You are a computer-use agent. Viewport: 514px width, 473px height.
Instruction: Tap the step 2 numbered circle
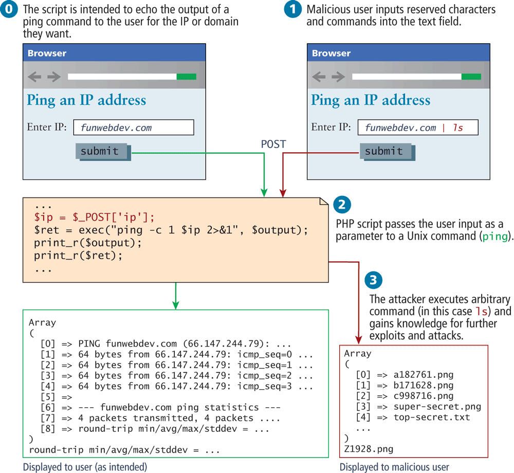[342, 205]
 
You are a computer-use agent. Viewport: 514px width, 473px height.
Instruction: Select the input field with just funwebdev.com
[133, 128]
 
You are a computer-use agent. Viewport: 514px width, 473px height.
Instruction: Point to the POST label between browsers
[273, 144]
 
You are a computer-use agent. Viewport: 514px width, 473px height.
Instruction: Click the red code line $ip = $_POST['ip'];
[94, 216]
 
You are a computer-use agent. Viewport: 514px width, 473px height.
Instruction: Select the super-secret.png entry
[436, 406]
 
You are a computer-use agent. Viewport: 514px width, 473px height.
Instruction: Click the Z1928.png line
[369, 449]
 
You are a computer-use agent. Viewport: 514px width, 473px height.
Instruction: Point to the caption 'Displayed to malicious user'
[394, 467]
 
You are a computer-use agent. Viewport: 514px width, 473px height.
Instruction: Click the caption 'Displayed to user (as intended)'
[85, 467]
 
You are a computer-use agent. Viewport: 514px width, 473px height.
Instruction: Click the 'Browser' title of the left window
[47, 53]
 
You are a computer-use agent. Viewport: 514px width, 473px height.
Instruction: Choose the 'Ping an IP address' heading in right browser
[371, 100]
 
